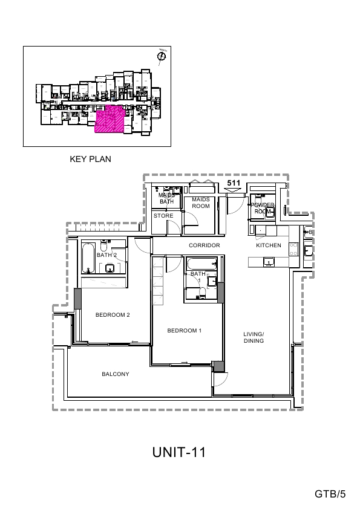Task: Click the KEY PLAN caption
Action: [x=91, y=160]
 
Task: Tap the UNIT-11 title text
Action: [x=180, y=453]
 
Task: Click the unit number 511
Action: [x=232, y=182]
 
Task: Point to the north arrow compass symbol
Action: [x=161, y=57]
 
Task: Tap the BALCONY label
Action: [x=115, y=374]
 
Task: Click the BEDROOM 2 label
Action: [x=113, y=314]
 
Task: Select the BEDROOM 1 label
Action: [x=185, y=331]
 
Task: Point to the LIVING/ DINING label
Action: [x=254, y=338]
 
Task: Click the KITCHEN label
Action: [x=269, y=245]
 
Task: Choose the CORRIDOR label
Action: [x=203, y=245]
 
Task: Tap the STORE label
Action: [x=163, y=216]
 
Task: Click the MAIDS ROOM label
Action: [x=200, y=203]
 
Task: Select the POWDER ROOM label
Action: [x=264, y=209]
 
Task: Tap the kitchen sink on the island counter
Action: [x=268, y=261]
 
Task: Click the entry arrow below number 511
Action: [x=232, y=190]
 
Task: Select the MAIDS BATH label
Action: [x=166, y=198]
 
